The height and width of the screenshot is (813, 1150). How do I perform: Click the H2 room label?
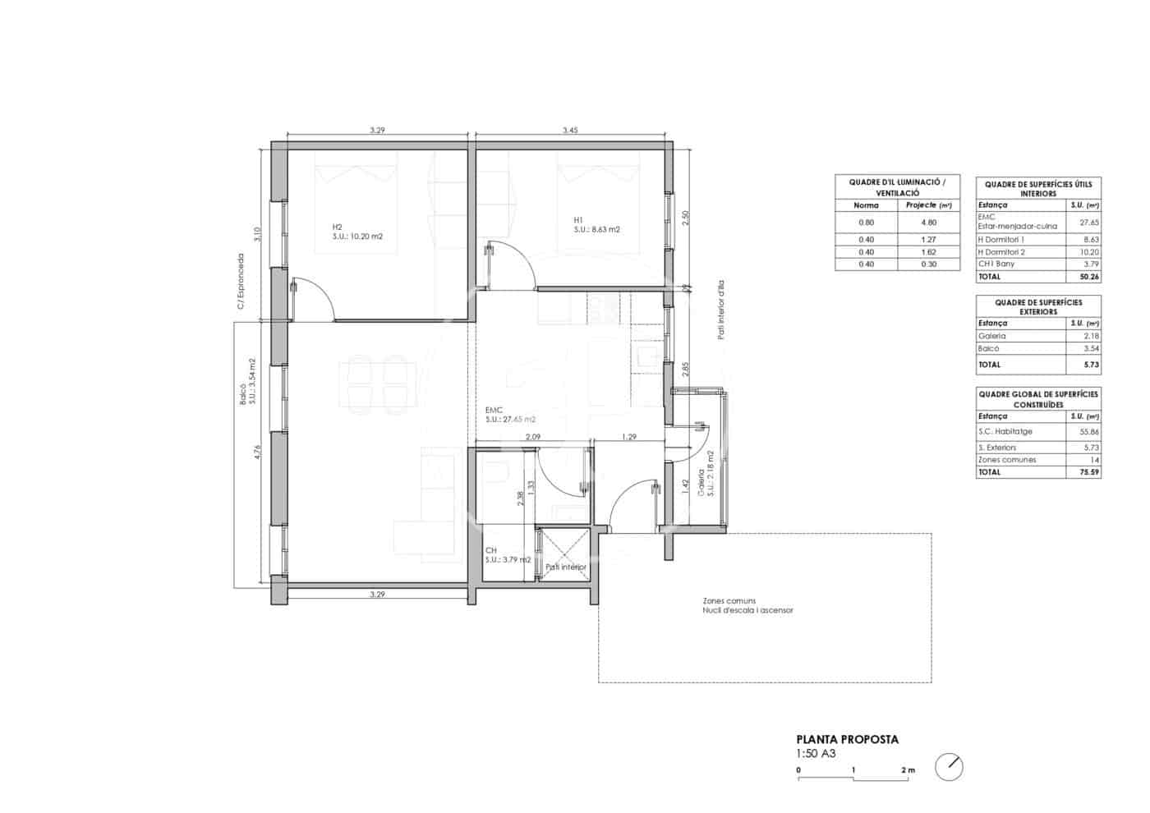337,227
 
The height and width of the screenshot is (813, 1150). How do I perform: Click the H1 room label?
578,220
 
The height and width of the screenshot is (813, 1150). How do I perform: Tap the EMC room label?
494,410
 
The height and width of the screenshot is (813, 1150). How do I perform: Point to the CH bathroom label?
490,550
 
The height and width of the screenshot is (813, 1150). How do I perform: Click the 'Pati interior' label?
566,567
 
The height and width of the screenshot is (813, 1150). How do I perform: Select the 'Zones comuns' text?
729,601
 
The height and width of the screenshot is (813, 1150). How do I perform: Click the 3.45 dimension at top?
570,131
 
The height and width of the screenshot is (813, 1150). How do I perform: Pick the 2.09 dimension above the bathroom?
532,437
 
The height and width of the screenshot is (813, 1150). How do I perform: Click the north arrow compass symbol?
949,767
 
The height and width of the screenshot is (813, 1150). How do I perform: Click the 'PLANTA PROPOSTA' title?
847,739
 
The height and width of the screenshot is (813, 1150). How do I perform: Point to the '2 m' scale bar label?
907,770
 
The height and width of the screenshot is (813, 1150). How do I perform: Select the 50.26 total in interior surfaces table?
1090,277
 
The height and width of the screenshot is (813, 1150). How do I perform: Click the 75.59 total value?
1090,472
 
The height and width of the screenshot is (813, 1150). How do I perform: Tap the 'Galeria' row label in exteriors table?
991,336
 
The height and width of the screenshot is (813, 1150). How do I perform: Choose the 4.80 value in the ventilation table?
927,223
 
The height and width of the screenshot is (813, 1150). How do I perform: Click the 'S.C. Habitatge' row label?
1005,431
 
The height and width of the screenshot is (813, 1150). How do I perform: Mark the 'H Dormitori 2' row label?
1001,252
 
